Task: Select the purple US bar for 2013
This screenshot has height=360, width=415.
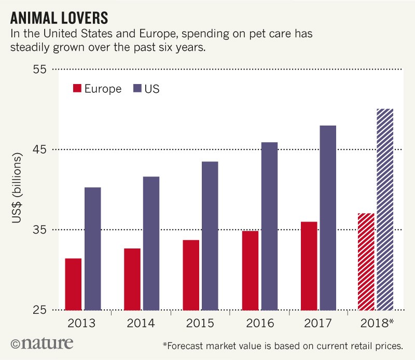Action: click(x=92, y=248)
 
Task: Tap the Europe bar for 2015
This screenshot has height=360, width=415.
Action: click(x=190, y=275)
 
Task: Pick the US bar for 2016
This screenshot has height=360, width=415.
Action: click(x=269, y=226)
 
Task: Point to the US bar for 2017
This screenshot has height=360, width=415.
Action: click(x=328, y=217)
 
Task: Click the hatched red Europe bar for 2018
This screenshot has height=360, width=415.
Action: click(x=366, y=261)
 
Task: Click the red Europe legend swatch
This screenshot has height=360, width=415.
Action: click(x=77, y=89)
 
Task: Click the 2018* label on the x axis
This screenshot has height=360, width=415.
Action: click(x=377, y=323)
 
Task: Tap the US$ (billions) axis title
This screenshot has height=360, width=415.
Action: click(x=17, y=189)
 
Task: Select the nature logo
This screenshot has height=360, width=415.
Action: click(x=41, y=343)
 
